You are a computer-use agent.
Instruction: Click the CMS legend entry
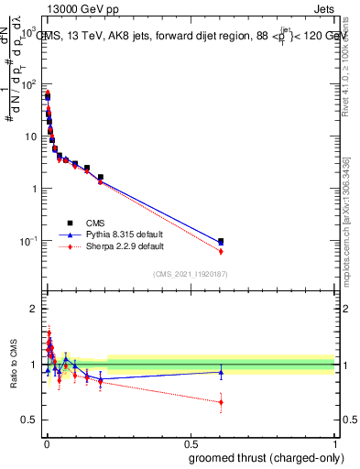tap(95, 222)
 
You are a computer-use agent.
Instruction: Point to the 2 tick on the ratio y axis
tap(32, 309)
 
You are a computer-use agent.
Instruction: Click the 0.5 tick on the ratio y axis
tap(28, 420)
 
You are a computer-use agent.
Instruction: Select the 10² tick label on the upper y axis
tap(27, 83)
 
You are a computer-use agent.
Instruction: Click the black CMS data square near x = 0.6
tap(221, 242)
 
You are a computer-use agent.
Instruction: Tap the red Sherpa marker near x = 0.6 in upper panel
tap(221, 251)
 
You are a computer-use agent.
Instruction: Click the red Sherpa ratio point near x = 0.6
tap(221, 401)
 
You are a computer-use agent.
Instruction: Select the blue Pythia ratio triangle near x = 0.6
tap(221, 372)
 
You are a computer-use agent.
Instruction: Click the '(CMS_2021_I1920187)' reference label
tap(190, 272)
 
